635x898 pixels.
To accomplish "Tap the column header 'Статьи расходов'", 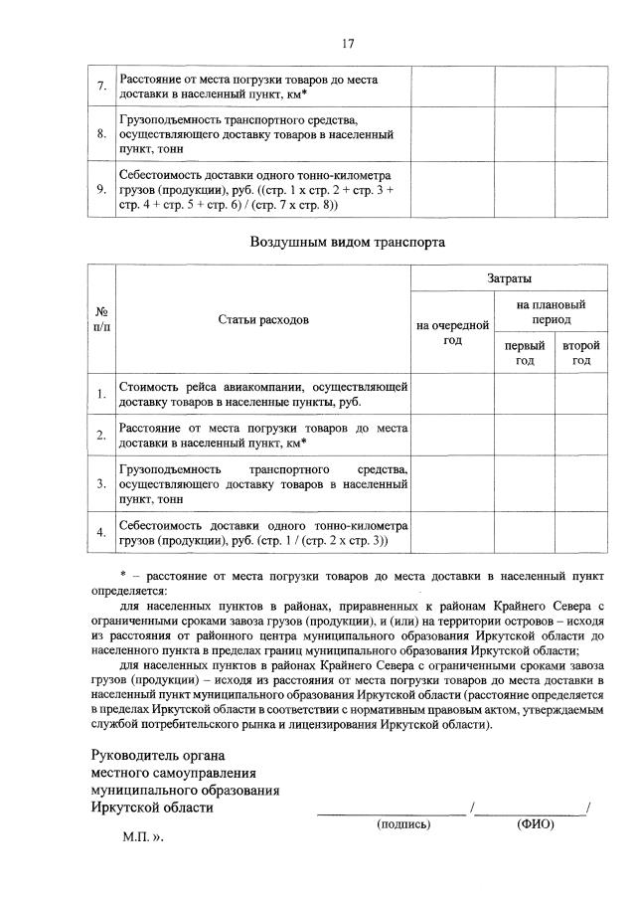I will pos(263,319).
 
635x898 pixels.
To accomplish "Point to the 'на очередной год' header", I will pos(452,332).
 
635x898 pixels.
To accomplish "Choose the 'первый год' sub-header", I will pos(524,353).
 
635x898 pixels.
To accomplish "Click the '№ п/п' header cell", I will pos(101,319).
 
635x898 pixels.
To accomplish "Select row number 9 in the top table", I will pos(101,190).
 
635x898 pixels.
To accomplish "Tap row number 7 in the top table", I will pos(101,86).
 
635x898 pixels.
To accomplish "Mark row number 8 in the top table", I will pos(101,133).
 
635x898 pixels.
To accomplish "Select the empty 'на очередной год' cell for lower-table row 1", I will pos(452,394).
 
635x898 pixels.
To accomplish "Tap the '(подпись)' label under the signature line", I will pos(403,824).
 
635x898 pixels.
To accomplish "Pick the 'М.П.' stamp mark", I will pos(136,837).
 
